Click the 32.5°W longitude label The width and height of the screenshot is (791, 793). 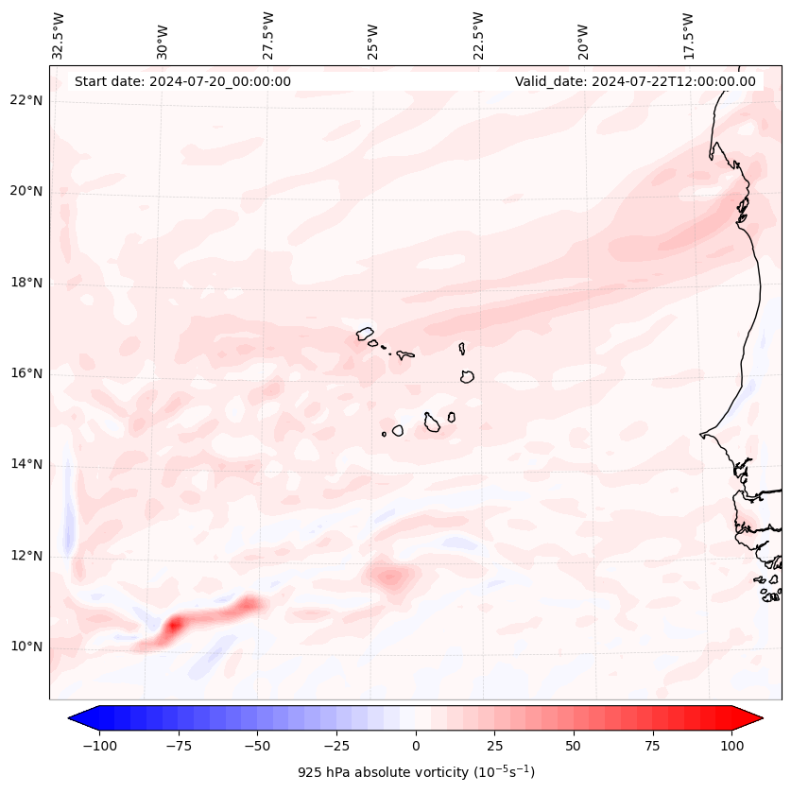pos(59,35)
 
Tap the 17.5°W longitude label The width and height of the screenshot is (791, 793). pos(688,35)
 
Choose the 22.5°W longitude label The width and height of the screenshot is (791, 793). pos(479,35)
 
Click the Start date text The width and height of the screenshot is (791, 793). pos(182,81)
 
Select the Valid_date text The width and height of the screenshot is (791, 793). pos(635,81)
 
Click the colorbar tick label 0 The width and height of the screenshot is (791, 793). pos(415,745)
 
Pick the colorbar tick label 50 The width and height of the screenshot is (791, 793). pos(574,745)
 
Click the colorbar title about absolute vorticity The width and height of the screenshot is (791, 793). pos(416,772)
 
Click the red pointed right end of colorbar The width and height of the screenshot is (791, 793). pos(752,718)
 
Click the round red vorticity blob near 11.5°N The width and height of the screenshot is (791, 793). pos(389,575)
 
